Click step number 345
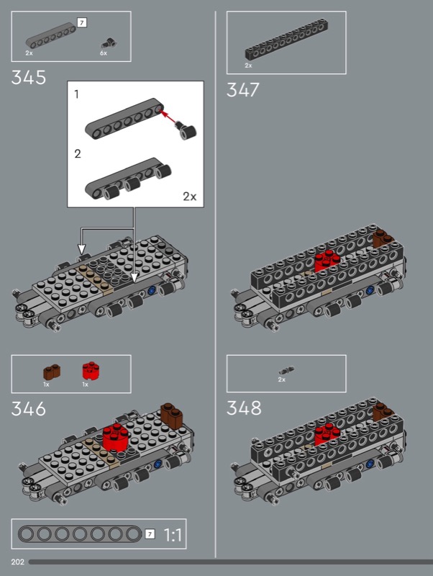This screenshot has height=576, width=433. pyautogui.click(x=29, y=78)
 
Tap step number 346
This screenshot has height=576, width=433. pyautogui.click(x=29, y=408)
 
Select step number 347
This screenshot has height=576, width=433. pyautogui.click(x=243, y=89)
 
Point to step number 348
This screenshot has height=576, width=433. pyautogui.click(x=244, y=408)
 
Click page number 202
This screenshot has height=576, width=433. pyautogui.click(x=17, y=562)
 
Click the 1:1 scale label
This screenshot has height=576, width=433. pyautogui.click(x=173, y=535)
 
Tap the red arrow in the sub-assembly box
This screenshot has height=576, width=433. pyautogui.click(x=169, y=116)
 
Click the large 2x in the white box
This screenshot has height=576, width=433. pyautogui.click(x=190, y=197)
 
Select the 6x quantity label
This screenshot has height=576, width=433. pyautogui.click(x=104, y=53)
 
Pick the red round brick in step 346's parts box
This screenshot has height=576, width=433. pyautogui.click(x=91, y=370)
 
